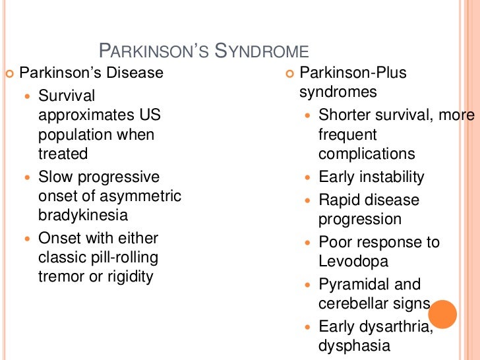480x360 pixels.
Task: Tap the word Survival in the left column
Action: click(x=67, y=96)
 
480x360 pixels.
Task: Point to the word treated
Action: click(x=63, y=154)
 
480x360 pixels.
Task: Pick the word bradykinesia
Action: click(x=83, y=215)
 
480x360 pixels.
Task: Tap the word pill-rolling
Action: click(x=125, y=257)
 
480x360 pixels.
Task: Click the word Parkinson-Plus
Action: click(x=353, y=73)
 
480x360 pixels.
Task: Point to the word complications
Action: click(x=367, y=154)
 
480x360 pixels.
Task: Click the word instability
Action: click(x=391, y=177)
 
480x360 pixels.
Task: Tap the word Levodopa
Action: click(x=353, y=261)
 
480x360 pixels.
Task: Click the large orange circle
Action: click(x=442, y=314)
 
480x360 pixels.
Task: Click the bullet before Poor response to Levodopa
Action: click(x=308, y=243)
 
